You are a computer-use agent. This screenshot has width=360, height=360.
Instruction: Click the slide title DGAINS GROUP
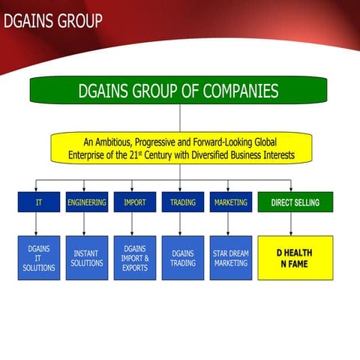52,21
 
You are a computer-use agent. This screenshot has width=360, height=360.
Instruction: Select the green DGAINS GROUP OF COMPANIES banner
178,91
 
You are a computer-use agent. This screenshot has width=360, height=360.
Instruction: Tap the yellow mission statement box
180,148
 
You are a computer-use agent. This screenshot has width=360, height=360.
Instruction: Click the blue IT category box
38,202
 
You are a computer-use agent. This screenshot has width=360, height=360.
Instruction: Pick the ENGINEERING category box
86,202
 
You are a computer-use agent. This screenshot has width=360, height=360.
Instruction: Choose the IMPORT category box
134,202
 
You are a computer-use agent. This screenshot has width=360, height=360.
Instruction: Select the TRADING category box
182,202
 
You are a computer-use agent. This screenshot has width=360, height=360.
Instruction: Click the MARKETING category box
230,202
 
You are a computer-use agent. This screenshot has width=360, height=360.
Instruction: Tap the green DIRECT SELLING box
295,202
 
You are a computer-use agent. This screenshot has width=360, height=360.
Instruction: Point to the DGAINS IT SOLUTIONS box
38,258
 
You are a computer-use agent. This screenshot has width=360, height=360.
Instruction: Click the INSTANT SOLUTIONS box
86,258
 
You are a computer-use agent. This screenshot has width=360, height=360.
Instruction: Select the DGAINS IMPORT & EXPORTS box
134,258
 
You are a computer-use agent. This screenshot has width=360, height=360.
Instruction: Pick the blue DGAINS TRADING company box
182,258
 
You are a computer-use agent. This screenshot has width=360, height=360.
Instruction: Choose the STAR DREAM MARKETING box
230,258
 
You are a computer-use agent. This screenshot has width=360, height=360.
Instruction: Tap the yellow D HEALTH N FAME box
295,258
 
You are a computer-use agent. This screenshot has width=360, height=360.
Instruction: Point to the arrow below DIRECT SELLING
291,223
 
